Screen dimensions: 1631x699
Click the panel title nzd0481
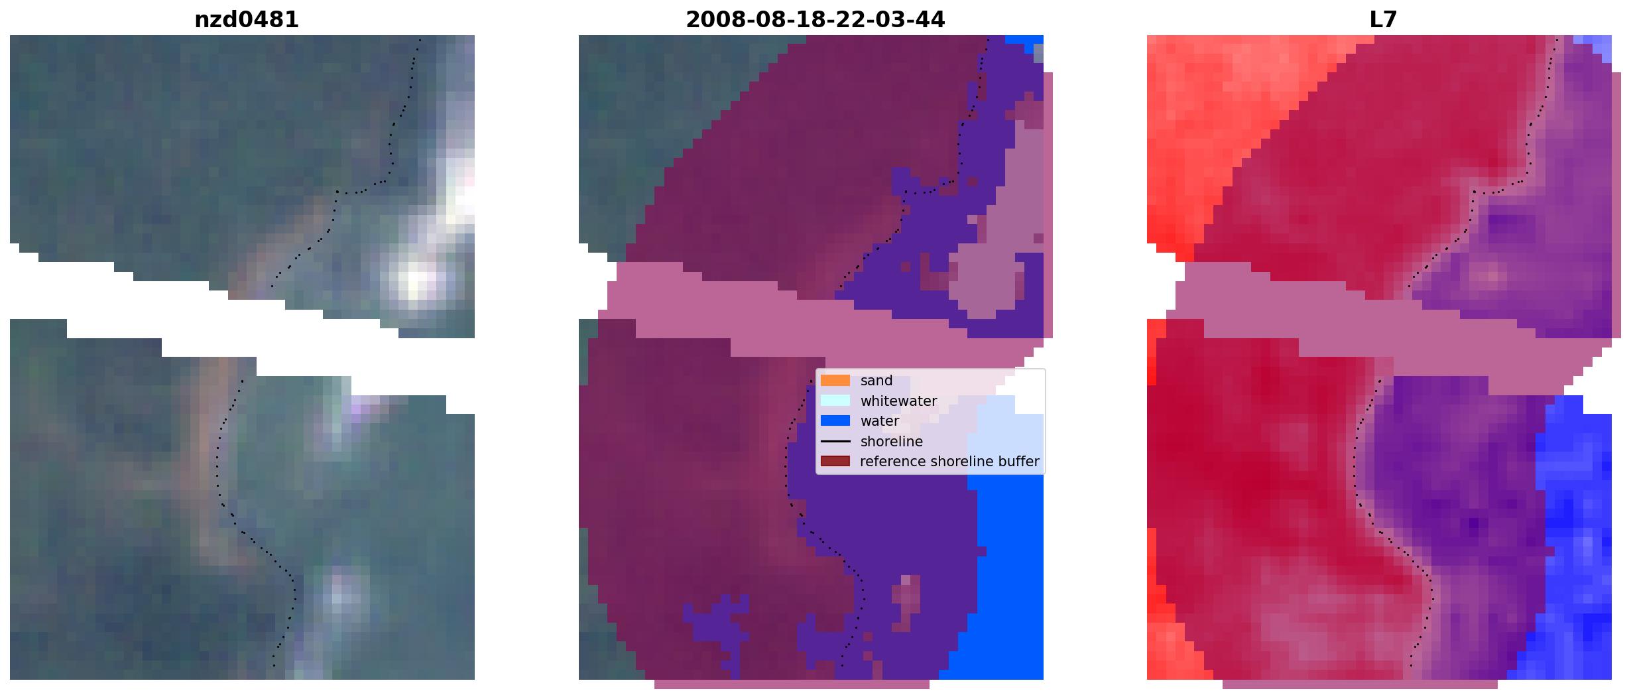click(x=247, y=20)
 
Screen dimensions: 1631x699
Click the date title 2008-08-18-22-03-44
click(x=815, y=20)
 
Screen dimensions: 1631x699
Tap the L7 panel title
click(x=1383, y=20)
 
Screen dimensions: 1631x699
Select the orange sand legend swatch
click(x=835, y=381)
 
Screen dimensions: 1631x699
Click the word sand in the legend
click(x=876, y=381)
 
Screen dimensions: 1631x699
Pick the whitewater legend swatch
click(x=835, y=401)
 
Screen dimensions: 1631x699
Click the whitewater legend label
click(x=898, y=401)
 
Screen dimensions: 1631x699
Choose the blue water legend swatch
click(x=835, y=420)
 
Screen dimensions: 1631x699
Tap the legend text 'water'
click(x=880, y=421)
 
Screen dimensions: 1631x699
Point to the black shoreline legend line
click(x=835, y=441)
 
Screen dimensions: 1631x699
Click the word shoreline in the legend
click(x=892, y=442)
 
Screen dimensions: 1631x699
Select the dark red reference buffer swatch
click(x=835, y=461)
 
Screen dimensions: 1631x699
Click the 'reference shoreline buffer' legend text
click(x=949, y=462)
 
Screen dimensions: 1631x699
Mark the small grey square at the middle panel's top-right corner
click(x=1038, y=54)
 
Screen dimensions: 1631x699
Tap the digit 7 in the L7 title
click(x=1390, y=20)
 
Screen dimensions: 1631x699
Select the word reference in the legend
click(x=890, y=462)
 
